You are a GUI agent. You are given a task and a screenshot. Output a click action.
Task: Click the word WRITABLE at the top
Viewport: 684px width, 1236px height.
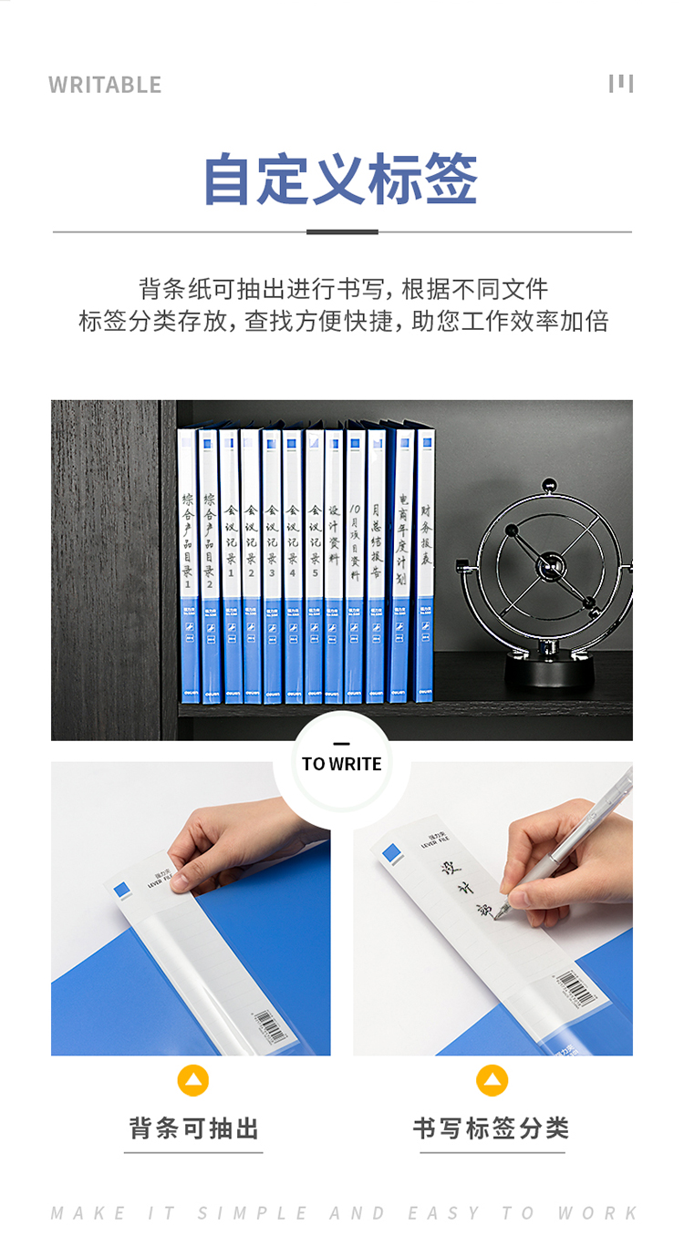105,85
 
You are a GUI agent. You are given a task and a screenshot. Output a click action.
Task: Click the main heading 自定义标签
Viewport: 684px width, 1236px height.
340,179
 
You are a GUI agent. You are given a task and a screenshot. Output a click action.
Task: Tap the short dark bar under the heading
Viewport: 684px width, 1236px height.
342,232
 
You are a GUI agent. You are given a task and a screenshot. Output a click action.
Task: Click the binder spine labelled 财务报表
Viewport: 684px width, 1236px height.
426,565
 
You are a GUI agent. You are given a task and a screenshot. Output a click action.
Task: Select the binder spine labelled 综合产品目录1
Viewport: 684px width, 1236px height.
188,565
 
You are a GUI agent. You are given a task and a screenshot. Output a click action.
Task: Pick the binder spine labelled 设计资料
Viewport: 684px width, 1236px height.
334,565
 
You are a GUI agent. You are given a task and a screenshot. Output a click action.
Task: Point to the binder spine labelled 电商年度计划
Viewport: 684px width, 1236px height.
402,565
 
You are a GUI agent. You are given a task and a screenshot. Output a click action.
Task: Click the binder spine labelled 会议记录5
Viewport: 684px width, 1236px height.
314,565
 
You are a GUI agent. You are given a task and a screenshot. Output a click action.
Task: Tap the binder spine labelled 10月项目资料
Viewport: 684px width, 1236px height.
355,565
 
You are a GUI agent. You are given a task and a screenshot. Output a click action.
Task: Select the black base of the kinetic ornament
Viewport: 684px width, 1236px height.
549,671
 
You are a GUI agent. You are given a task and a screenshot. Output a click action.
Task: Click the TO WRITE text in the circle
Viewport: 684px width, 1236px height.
342,764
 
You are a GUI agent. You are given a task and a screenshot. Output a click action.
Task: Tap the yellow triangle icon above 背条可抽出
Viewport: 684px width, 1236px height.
193,1081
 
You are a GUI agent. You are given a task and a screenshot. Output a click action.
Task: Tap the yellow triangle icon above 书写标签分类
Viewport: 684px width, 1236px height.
492,1081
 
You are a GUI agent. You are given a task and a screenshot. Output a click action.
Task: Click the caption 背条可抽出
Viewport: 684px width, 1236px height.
193,1128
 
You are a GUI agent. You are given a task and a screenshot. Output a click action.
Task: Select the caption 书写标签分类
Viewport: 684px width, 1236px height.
492,1128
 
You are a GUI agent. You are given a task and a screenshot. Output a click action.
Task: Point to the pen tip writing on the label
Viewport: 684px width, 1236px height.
504,906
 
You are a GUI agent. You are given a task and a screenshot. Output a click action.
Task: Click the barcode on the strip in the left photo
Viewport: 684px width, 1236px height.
268,1025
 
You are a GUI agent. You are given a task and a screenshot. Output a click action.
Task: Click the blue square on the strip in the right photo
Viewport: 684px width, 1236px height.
392,854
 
